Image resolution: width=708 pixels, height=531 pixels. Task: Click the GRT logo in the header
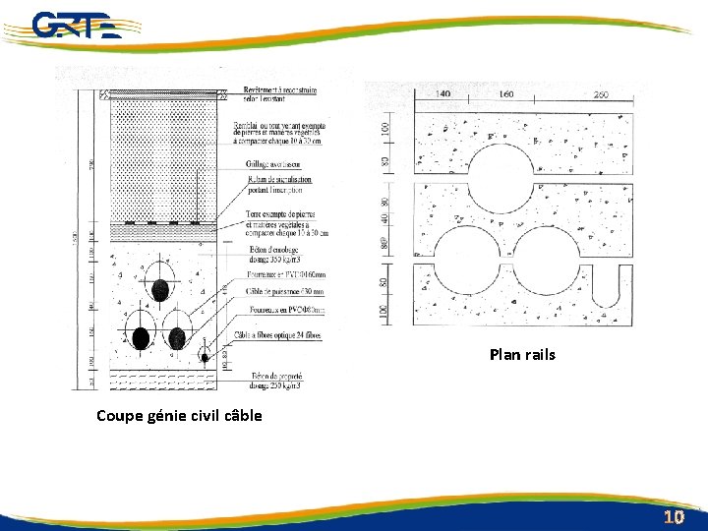(74, 25)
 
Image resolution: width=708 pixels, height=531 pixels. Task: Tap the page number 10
(674, 516)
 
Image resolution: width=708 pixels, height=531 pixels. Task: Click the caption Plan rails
(522, 354)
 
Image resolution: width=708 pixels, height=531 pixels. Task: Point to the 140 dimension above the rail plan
(442, 94)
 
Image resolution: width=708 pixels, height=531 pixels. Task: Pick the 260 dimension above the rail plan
(602, 94)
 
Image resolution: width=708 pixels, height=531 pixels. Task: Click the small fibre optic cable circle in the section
(205, 357)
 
